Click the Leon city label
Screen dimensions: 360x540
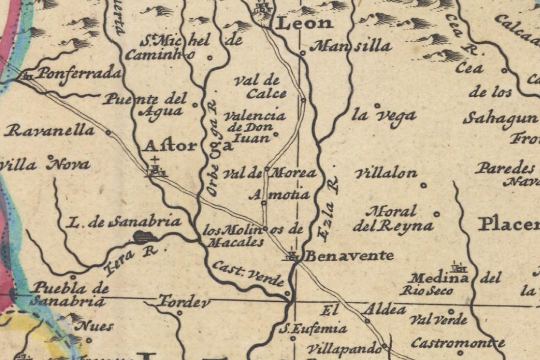[305, 23]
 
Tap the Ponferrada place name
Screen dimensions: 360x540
[79, 74]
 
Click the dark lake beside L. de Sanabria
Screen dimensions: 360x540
[145, 237]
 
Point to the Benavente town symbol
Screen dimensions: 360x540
[293, 255]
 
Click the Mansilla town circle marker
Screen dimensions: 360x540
[303, 53]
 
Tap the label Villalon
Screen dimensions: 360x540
[386, 173]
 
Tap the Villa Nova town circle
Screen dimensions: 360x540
[50, 157]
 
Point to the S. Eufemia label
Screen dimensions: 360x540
[313, 329]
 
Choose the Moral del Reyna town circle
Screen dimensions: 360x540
[436, 214]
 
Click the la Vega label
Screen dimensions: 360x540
[384, 116]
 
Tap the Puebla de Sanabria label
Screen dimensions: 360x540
[67, 294]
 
